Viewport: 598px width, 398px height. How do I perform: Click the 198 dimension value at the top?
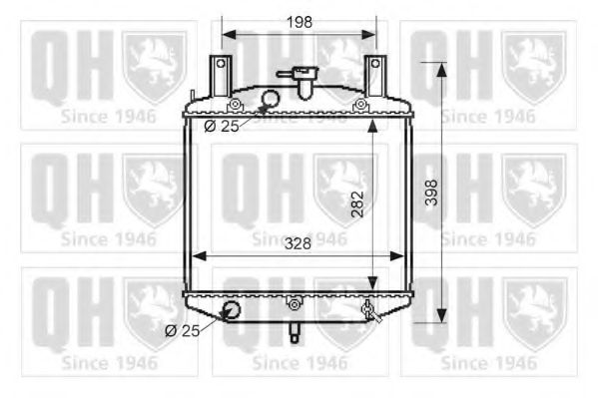coord(298,20)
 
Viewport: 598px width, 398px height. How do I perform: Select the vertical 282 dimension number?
coord(357,205)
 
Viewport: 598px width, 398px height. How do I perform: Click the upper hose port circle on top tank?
coord(269,99)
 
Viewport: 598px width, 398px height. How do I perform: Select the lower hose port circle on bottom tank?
coord(232,309)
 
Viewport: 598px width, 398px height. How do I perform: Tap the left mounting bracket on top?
coord(219,75)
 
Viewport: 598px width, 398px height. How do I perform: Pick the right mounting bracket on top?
coord(375,75)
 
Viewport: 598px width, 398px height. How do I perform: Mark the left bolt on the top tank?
coord(235,105)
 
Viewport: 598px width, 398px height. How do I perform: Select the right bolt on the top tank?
coord(359,105)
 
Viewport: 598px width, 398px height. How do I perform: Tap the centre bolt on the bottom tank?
coord(294,304)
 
